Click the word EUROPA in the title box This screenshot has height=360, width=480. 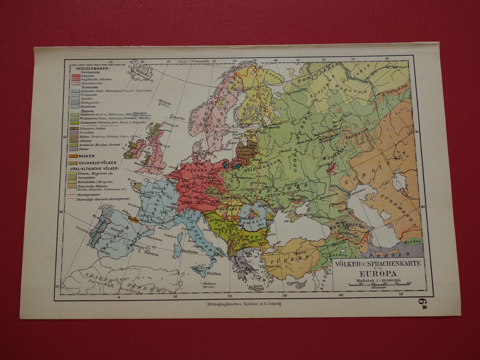tap(378, 273)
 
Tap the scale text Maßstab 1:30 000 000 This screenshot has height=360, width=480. tap(378, 280)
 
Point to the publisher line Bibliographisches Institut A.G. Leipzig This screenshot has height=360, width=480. tap(244, 304)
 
